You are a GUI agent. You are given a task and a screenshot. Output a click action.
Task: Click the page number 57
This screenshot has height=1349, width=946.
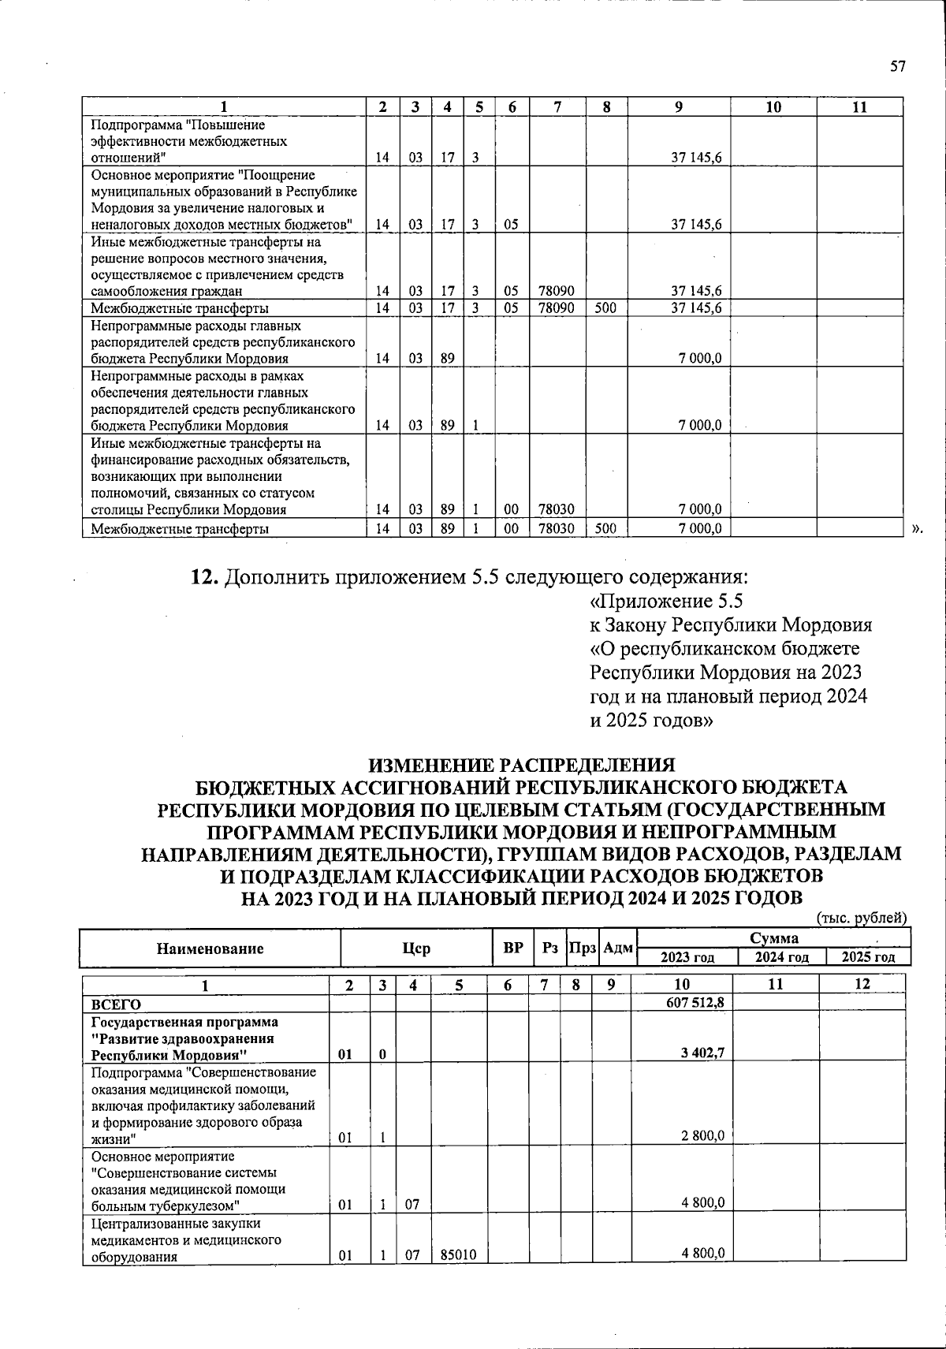point(898,66)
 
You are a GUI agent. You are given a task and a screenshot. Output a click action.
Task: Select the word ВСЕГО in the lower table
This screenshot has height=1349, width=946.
point(116,1004)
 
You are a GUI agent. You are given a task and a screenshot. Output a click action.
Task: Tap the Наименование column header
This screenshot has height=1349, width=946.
point(210,948)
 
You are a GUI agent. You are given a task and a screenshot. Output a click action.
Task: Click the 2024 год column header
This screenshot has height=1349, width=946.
point(781,957)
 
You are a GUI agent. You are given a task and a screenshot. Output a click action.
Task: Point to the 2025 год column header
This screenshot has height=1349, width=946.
point(868,957)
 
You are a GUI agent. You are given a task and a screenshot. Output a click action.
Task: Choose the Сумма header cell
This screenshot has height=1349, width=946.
point(773,938)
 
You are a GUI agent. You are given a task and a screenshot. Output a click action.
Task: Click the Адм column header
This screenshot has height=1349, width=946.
point(618,948)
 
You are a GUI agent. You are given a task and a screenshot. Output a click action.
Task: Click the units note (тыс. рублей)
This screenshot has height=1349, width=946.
point(862,918)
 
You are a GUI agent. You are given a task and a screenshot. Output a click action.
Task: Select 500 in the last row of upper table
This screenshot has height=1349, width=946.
point(605,528)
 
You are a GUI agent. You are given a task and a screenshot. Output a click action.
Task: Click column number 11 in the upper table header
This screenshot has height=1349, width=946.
point(859,107)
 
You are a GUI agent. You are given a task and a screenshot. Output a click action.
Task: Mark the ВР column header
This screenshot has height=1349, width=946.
point(513,948)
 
